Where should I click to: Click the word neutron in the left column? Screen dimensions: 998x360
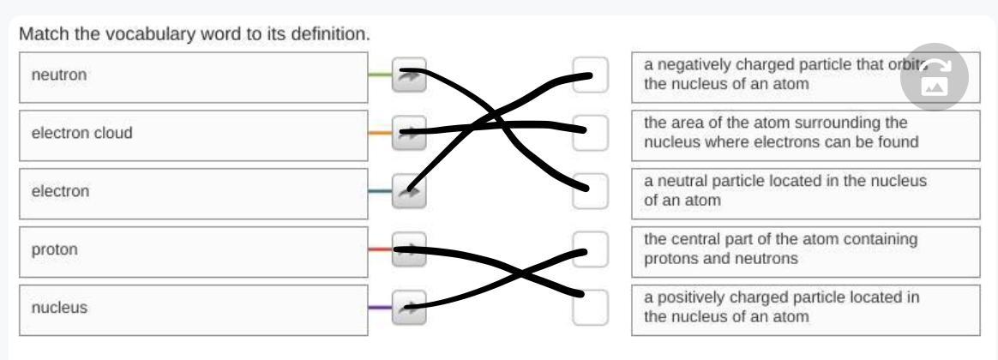coord(59,75)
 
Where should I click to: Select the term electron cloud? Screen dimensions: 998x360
coord(82,133)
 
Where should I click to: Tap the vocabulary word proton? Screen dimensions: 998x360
coord(55,250)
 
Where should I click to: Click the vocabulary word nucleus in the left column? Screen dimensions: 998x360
coord(59,308)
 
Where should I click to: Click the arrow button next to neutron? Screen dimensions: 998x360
coord(409,75)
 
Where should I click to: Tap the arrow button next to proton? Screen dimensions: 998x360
coord(409,249)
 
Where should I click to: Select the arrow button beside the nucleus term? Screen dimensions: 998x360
coord(409,308)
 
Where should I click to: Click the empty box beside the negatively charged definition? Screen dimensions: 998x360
coord(590,75)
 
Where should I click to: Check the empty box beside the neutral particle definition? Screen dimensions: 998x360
coord(590,191)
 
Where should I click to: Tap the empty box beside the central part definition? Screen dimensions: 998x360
coord(590,249)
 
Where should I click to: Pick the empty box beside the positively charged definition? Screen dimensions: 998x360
coord(590,308)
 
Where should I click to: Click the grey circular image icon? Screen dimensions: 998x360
coord(935,77)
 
